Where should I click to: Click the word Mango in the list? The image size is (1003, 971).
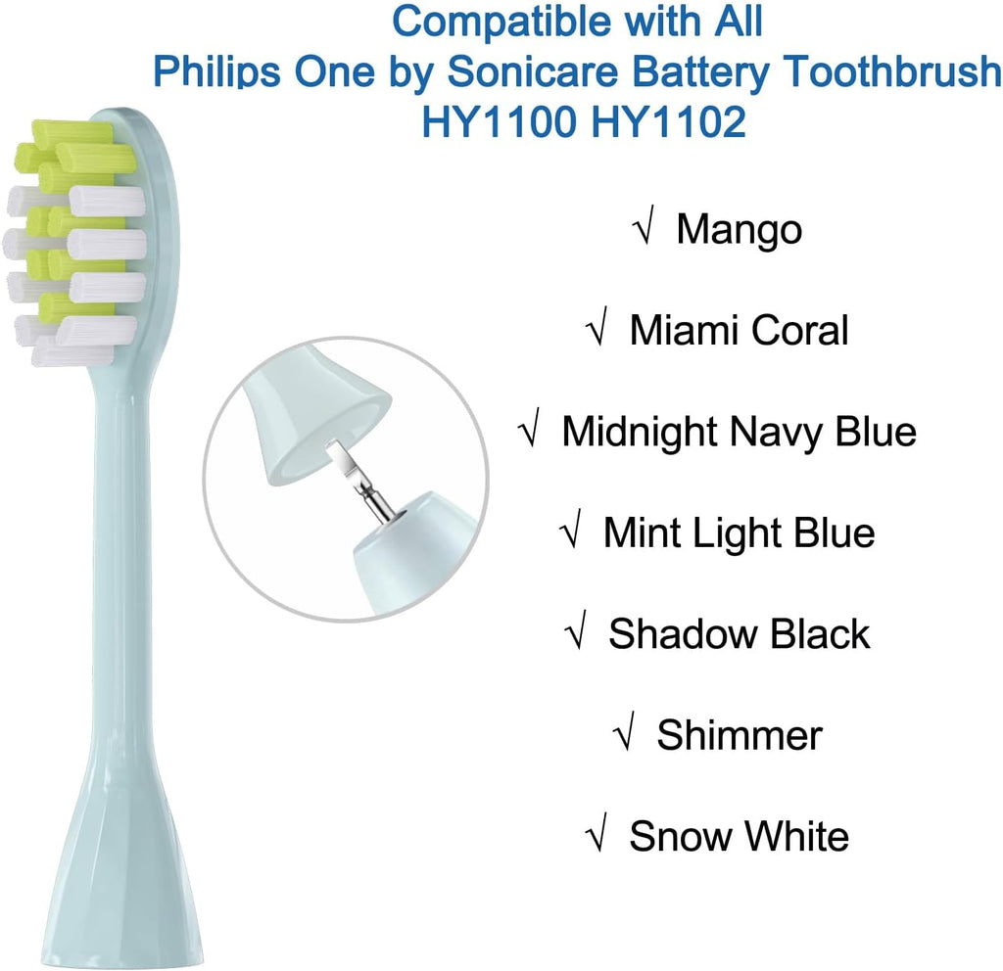pyautogui.click(x=739, y=230)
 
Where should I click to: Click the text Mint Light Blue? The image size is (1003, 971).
pyautogui.click(x=739, y=532)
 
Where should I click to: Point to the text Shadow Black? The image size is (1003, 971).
pyautogui.click(x=739, y=633)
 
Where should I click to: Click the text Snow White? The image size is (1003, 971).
pyautogui.click(x=739, y=836)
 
